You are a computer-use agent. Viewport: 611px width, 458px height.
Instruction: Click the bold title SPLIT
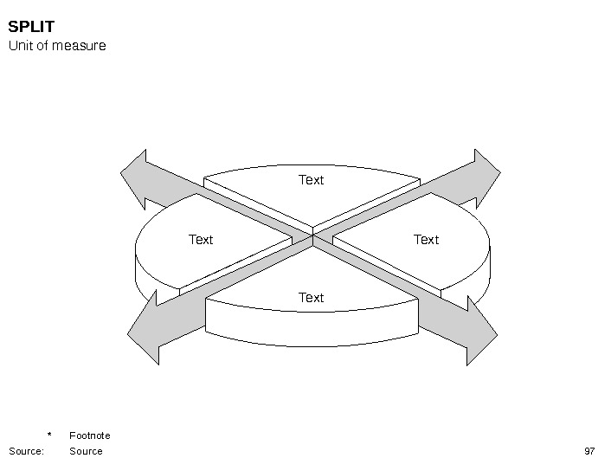coord(31,27)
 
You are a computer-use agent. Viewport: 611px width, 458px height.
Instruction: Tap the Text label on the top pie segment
coord(311,180)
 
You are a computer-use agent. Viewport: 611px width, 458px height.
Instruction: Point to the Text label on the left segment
coord(201,240)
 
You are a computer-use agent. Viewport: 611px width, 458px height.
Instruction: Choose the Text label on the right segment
coord(426,240)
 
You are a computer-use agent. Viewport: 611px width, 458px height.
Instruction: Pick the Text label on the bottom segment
coord(311,298)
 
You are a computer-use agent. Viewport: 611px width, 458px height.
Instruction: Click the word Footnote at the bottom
coord(90,435)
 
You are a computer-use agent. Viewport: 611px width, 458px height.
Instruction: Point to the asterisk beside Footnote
coord(49,435)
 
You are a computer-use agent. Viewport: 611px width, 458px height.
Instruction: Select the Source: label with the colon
coord(26,451)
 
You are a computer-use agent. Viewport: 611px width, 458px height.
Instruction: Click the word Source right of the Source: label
coord(86,451)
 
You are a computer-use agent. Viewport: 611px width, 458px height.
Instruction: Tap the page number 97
coord(590,451)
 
